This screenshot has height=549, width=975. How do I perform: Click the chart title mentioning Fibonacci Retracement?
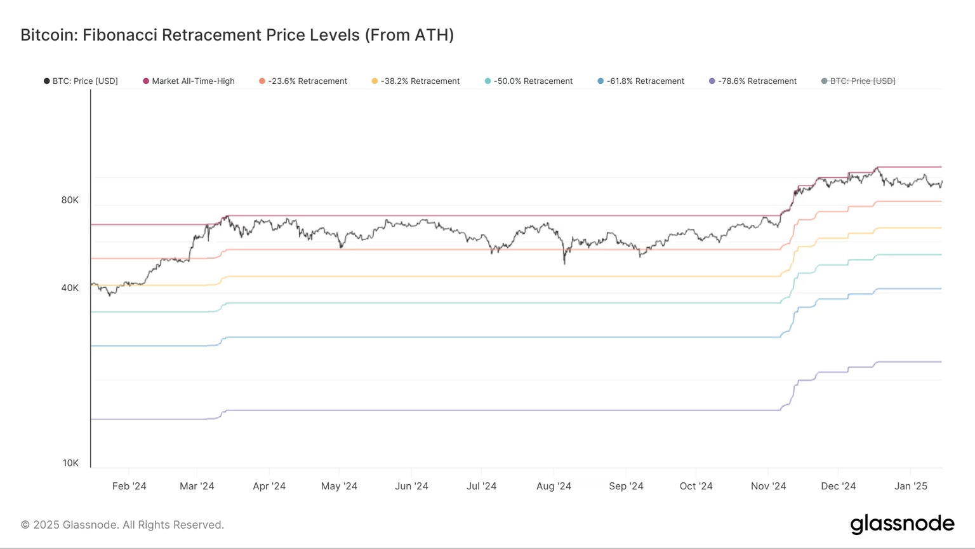(237, 35)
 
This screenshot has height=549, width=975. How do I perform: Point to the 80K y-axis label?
(70, 200)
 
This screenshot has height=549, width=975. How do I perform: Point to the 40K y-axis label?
(70, 288)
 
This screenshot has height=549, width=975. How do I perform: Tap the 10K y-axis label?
(70, 463)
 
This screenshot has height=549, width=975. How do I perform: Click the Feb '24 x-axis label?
(129, 486)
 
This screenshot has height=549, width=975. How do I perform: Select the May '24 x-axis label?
(339, 486)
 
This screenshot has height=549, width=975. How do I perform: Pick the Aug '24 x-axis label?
(554, 486)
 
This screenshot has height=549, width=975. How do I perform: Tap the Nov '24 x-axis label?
(768, 486)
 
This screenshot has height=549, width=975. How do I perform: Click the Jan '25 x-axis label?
(910, 486)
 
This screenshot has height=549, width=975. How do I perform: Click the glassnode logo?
(902, 524)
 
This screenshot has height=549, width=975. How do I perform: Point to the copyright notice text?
(123, 525)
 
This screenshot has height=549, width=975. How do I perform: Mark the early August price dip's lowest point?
(564, 264)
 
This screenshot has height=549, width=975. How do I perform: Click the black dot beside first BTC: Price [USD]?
(46, 81)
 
